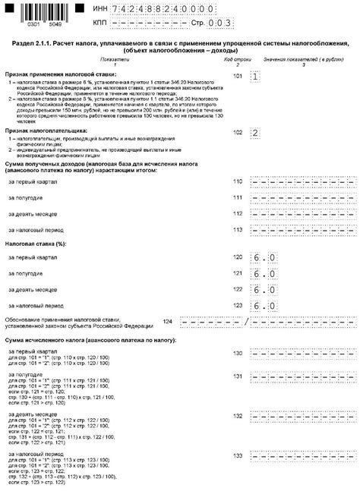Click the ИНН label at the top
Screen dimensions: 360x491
tap(99, 7)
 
